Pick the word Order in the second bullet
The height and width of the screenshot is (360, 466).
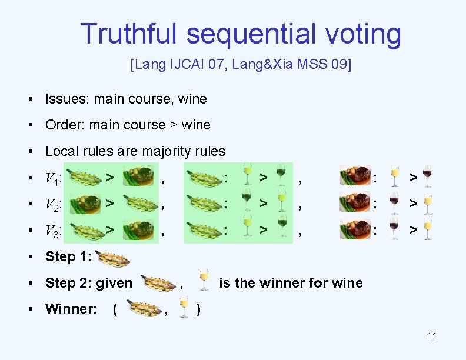pos(64,125)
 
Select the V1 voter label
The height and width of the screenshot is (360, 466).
pos(54,177)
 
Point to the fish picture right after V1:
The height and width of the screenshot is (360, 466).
pos(85,177)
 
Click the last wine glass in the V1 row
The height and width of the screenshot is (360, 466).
pos(427,176)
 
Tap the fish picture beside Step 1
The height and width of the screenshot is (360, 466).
pos(114,256)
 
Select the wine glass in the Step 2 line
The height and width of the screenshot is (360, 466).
pos(204,281)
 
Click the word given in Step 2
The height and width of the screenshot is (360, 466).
pos(114,283)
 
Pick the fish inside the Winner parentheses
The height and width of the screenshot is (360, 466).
pos(144,308)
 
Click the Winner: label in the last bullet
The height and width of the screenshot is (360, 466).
pos(71,309)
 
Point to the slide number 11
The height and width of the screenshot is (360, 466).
pos(431,336)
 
